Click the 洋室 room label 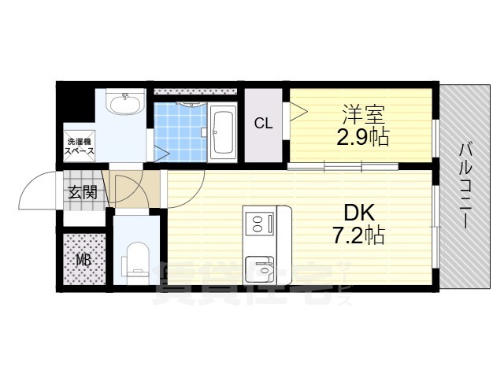pos(362,113)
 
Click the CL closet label pos(263,123)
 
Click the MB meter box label pos(82,260)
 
